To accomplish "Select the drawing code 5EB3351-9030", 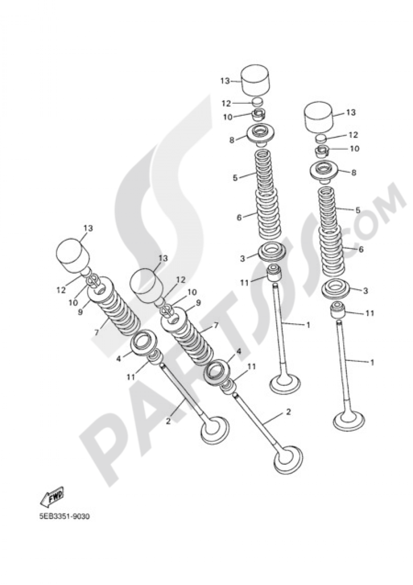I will [64, 517].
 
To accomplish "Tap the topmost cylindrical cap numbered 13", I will [254, 81].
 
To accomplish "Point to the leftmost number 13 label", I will [88, 228].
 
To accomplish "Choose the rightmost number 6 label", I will [361, 249].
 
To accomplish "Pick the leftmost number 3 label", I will [242, 258].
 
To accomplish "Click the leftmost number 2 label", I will [168, 421].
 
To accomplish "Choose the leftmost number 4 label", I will [119, 359].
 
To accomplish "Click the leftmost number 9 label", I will [80, 312].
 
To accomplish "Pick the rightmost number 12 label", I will [353, 135].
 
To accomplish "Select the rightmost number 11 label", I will [370, 313].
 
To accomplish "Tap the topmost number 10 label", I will [228, 117].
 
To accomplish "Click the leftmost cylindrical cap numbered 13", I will [72, 255].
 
